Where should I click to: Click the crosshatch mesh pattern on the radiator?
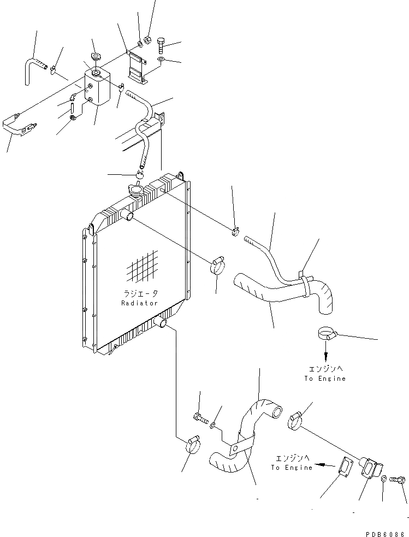[142, 267]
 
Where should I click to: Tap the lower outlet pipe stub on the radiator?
[162, 324]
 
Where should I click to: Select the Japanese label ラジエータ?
[139, 294]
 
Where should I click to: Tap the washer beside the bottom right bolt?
[384, 479]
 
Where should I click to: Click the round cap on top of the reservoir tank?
[96, 56]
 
